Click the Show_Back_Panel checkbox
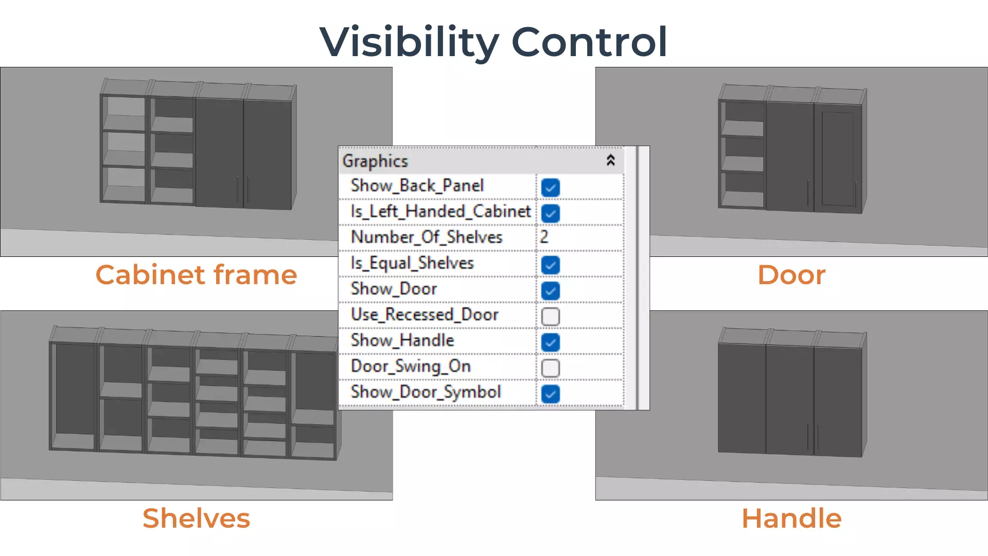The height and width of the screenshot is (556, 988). [x=550, y=187]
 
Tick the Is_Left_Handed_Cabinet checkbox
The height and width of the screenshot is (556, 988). [x=550, y=213]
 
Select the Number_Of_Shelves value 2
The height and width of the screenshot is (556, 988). [x=544, y=237]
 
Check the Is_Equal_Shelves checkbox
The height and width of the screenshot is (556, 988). [x=550, y=265]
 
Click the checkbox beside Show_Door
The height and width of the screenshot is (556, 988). [x=550, y=290]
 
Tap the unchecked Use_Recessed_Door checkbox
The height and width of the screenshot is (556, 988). [x=550, y=316]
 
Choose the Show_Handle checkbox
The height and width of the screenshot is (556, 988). [x=550, y=342]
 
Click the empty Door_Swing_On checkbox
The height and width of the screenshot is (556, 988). [x=550, y=368]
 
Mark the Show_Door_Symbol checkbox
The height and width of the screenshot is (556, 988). [x=550, y=394]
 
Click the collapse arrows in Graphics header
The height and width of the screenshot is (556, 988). [x=610, y=161]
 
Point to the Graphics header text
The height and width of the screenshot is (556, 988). [x=375, y=161]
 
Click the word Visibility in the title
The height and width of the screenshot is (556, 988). [x=409, y=42]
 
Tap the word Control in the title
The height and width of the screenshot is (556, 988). [x=589, y=42]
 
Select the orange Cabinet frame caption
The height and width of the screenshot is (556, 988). [x=196, y=275]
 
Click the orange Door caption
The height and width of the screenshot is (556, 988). [x=791, y=275]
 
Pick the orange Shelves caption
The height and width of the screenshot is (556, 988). [x=196, y=518]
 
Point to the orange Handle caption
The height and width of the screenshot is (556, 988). [x=791, y=518]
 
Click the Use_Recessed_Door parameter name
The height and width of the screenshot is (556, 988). [x=425, y=315]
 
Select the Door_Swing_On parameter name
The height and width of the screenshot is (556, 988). [x=411, y=366]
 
